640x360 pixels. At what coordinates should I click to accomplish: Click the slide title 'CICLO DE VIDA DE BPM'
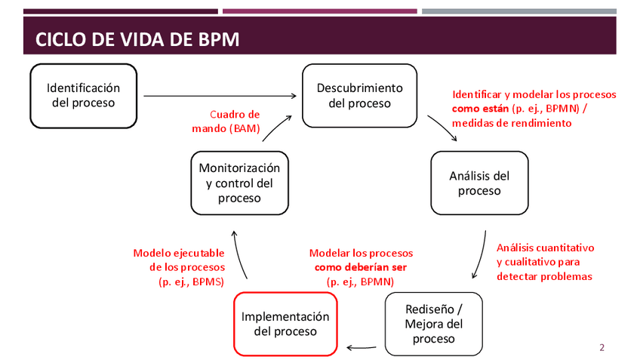[x=137, y=39]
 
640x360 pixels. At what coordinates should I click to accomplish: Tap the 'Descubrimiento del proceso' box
[x=359, y=95]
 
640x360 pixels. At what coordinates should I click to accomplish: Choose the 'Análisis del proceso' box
[x=479, y=183]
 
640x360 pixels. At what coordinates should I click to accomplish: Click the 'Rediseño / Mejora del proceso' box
[x=433, y=324]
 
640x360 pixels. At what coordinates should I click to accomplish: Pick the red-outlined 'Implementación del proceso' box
[x=285, y=324]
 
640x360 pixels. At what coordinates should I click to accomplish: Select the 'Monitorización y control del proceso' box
[x=239, y=183]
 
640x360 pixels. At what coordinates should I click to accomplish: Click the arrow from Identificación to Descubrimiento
[x=219, y=96]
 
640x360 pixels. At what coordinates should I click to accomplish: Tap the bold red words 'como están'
[x=480, y=109]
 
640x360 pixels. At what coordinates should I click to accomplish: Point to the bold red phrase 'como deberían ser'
[x=360, y=267]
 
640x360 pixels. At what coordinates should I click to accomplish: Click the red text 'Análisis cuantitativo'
[x=545, y=248]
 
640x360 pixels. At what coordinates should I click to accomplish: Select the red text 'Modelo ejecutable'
[x=178, y=253]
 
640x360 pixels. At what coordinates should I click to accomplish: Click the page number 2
[x=602, y=348]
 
